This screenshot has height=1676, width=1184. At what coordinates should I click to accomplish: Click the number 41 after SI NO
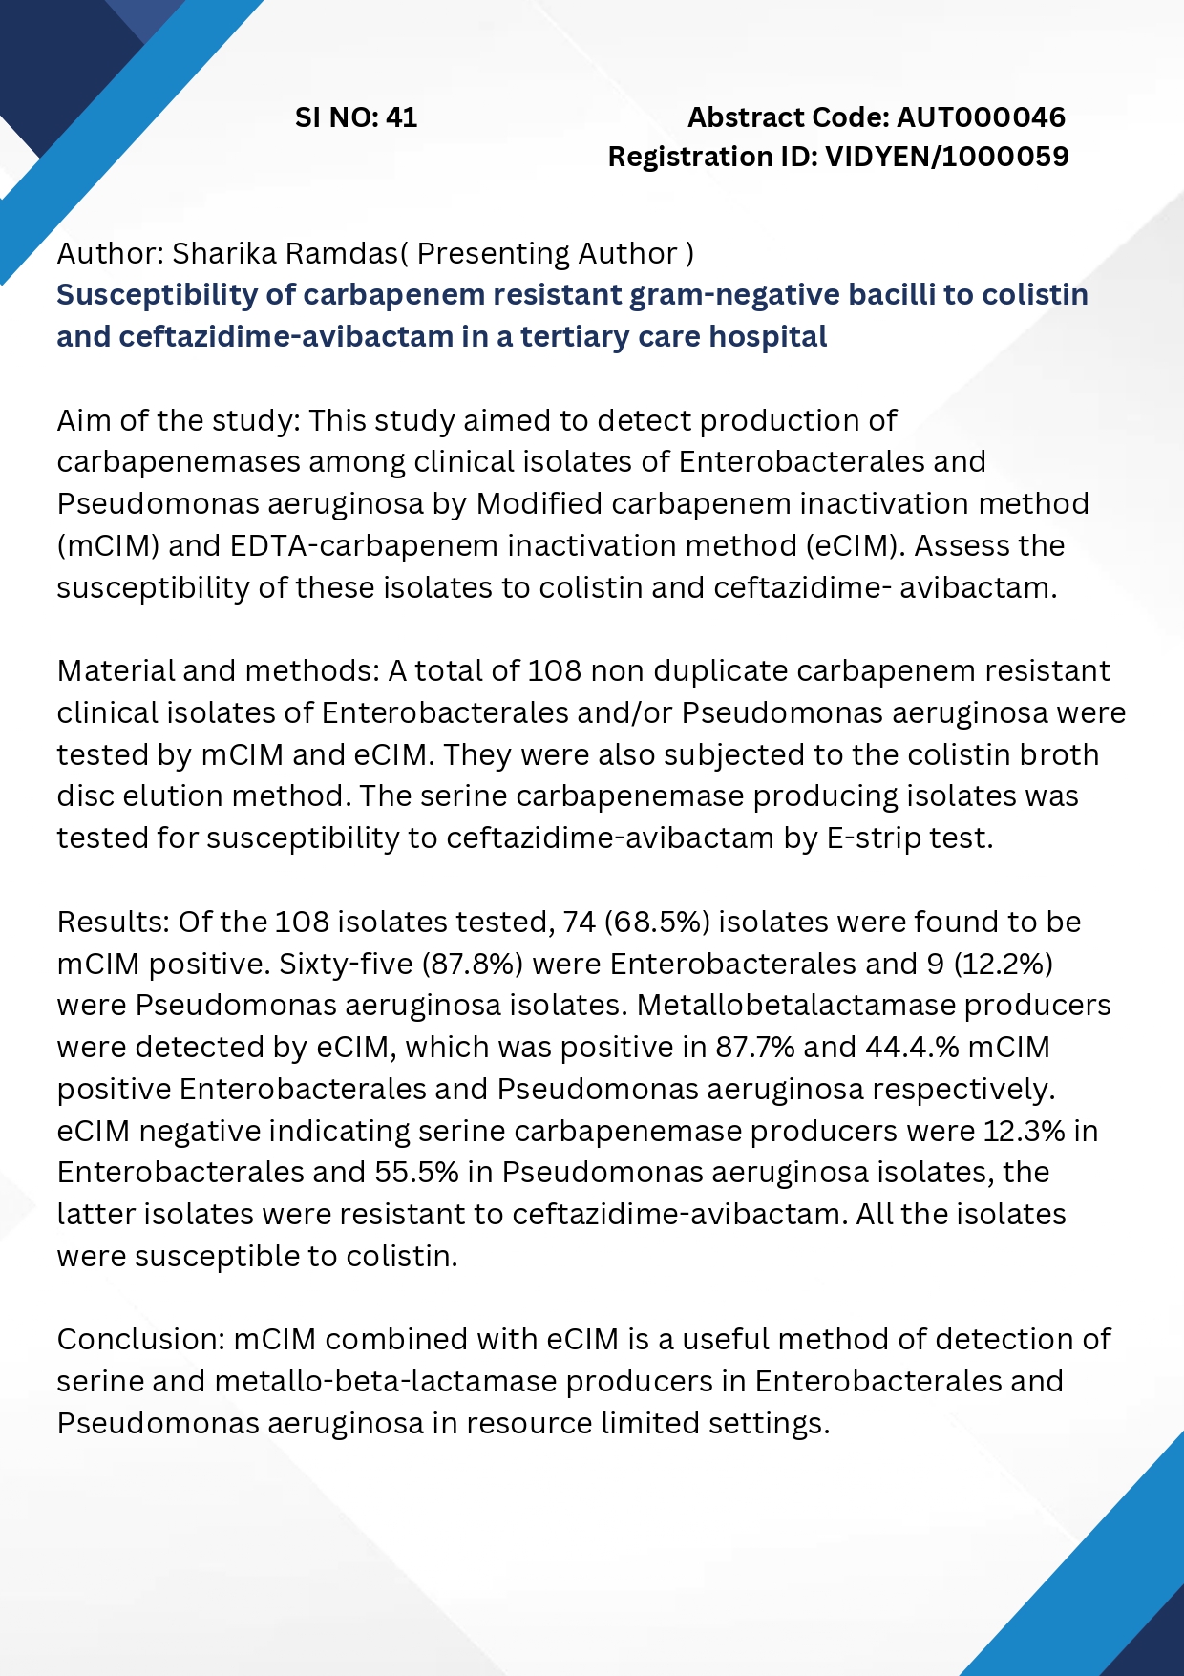tap(402, 117)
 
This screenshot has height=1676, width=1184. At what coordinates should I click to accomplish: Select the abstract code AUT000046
tap(981, 117)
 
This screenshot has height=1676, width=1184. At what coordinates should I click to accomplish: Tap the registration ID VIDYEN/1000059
tap(947, 157)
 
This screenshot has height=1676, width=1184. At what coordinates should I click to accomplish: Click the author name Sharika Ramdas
tap(285, 254)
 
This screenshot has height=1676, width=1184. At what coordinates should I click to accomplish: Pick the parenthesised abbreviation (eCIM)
tap(856, 546)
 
